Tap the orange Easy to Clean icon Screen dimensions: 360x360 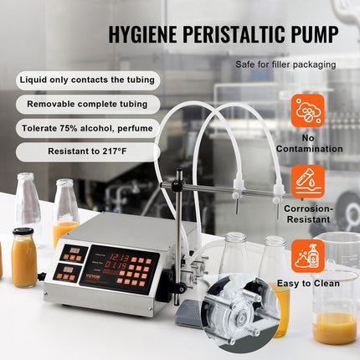click(308, 253)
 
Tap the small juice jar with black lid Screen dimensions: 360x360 click(24, 259)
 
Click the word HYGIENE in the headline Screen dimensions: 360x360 click(141, 35)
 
